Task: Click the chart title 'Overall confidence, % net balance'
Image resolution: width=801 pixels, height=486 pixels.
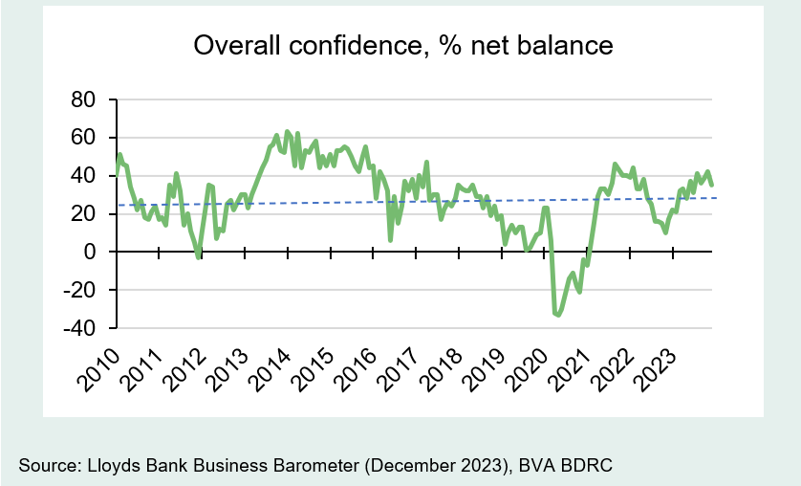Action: click(x=401, y=46)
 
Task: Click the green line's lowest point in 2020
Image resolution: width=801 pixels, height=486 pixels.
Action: click(x=557, y=314)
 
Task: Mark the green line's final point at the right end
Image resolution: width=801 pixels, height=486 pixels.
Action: click(x=711, y=185)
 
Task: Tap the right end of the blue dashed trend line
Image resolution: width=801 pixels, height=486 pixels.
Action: click(x=715, y=198)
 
